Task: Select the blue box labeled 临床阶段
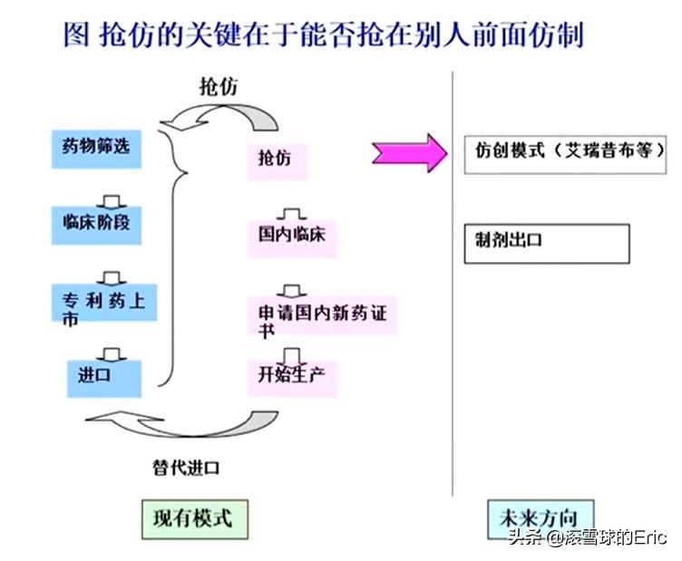coord(96,221)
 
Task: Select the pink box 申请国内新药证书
coord(323,318)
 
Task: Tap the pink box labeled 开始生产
coord(292,375)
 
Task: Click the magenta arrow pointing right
coord(408,153)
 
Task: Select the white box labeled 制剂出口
coord(546,244)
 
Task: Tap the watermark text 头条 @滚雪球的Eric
coord(588,539)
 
